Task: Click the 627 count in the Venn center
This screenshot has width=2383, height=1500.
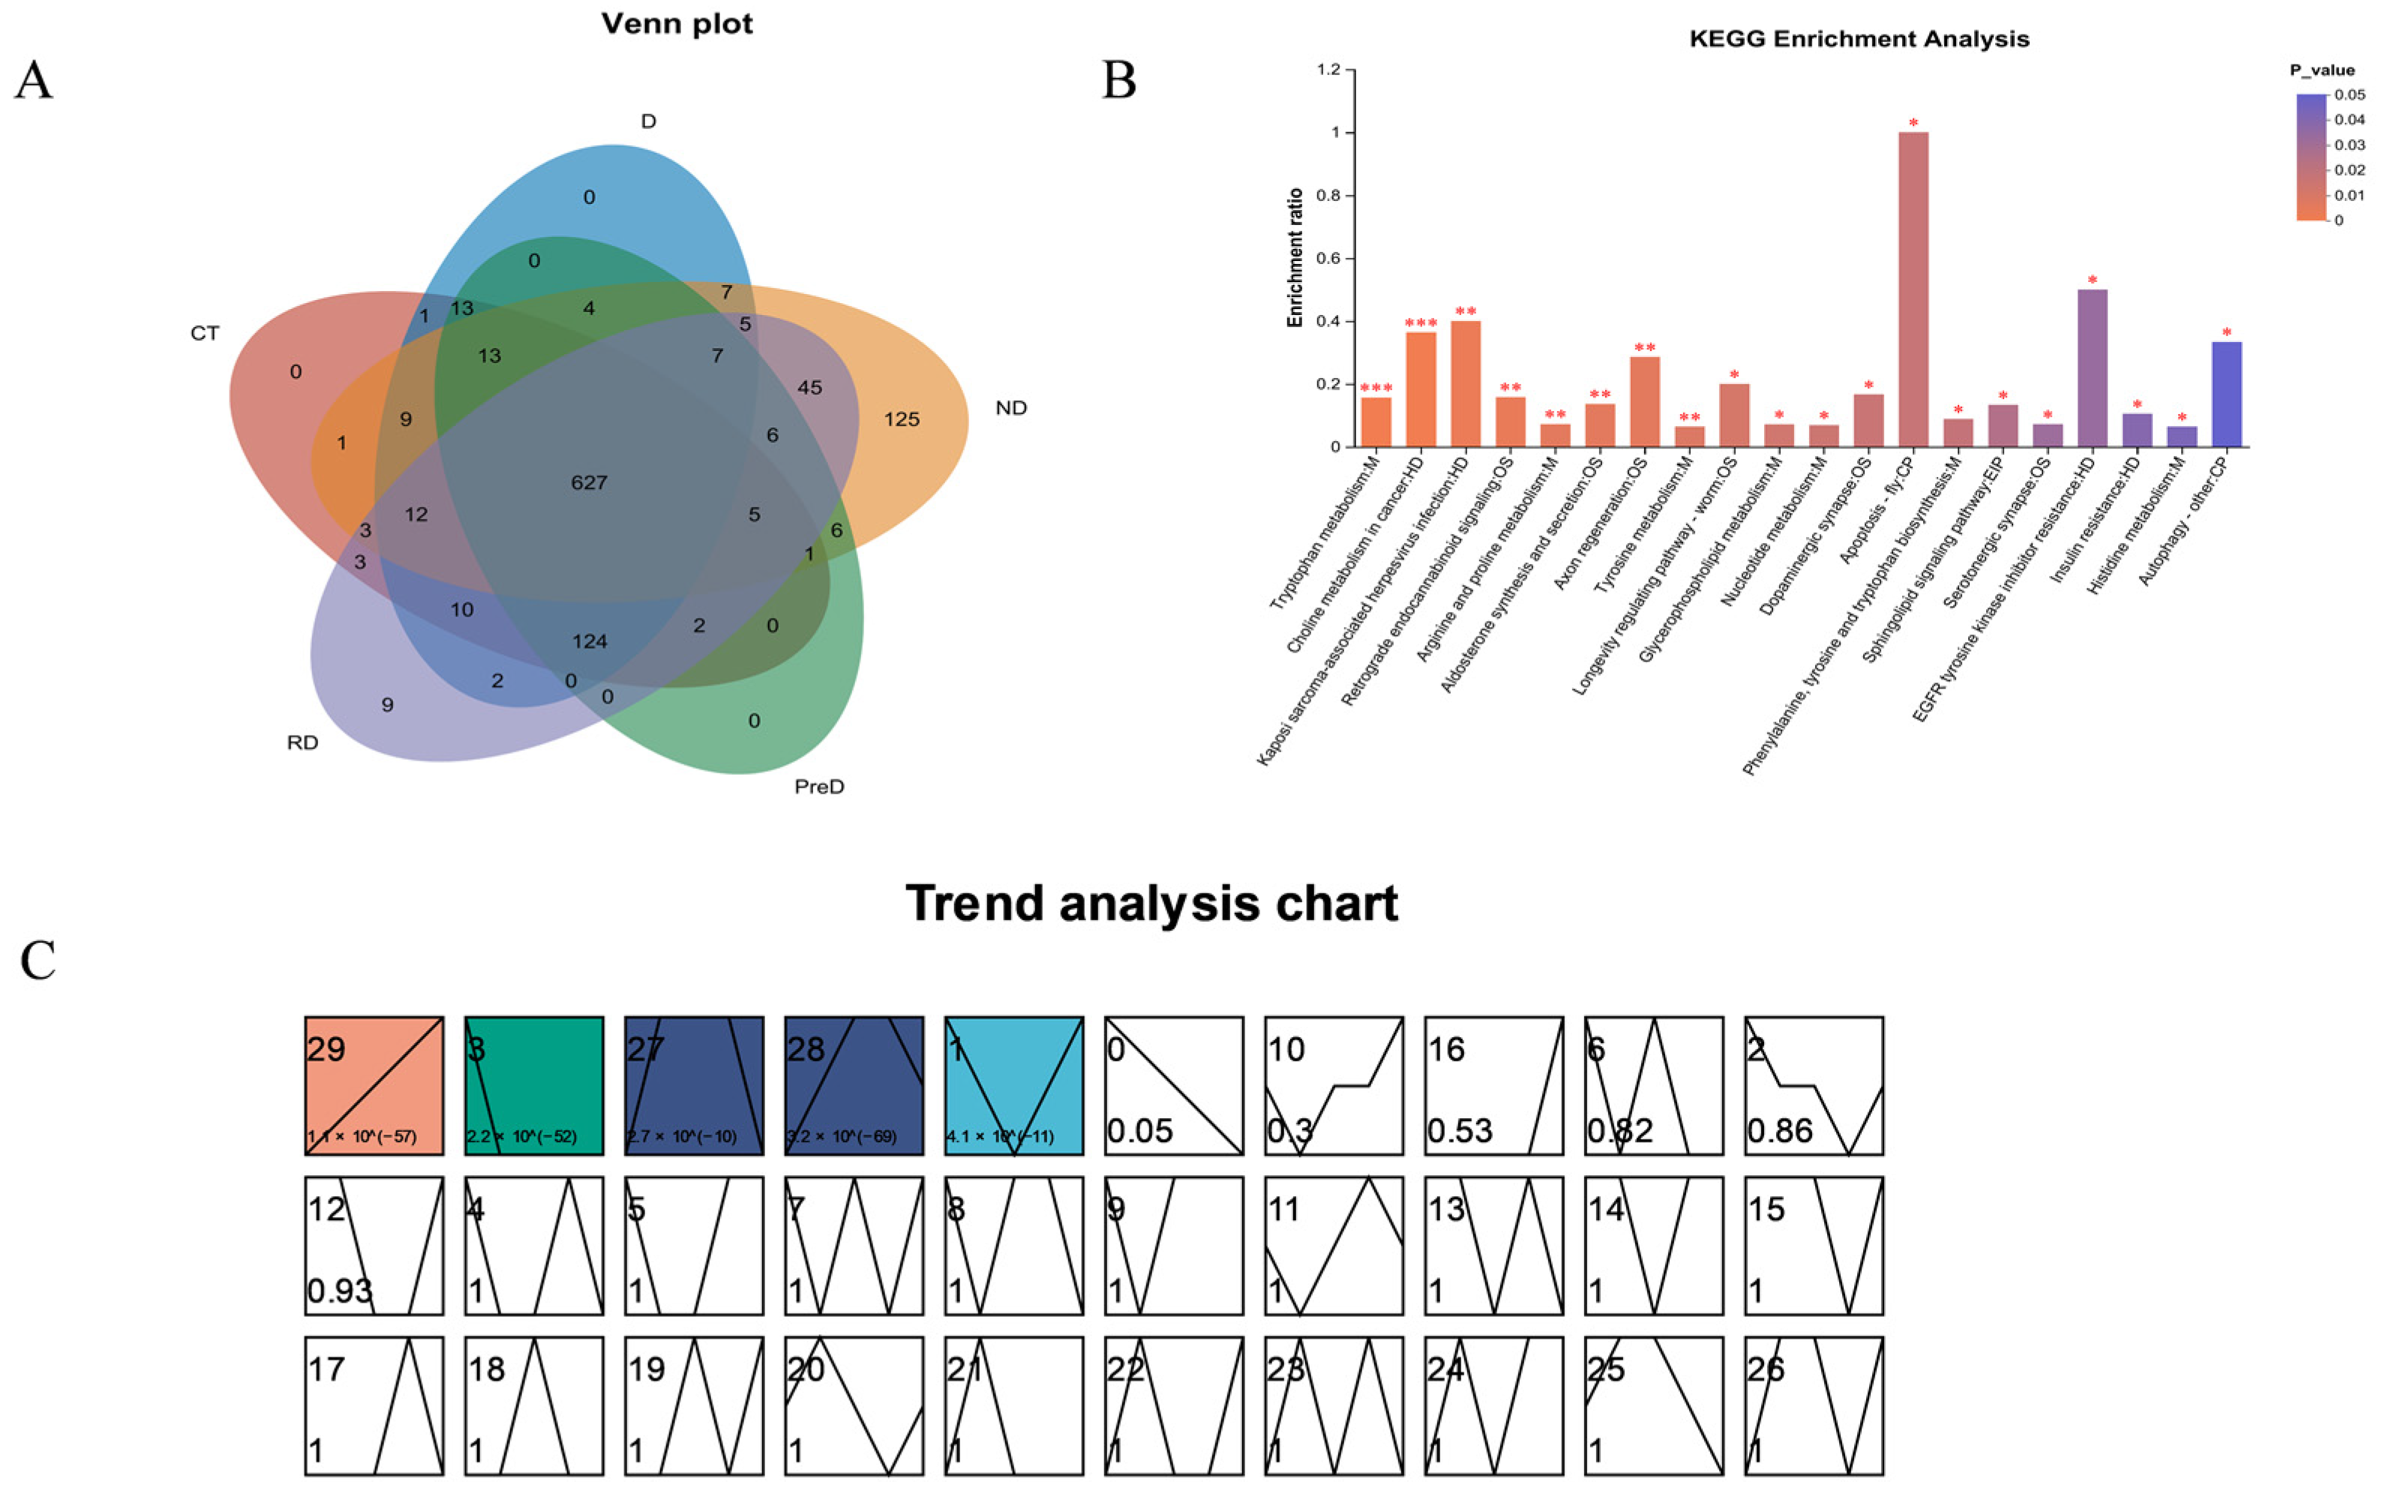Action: (589, 483)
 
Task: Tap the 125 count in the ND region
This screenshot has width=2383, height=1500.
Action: (902, 419)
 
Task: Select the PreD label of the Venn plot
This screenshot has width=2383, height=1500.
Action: (819, 787)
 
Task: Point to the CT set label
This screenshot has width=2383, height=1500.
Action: (205, 334)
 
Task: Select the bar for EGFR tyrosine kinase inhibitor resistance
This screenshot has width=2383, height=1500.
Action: (2092, 368)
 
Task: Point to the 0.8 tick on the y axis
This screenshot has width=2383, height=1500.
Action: (1328, 196)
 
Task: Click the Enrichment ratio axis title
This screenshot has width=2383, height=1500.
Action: (1295, 258)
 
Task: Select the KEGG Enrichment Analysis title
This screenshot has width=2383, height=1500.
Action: (1859, 40)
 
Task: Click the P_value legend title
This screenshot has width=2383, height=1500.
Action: (2321, 70)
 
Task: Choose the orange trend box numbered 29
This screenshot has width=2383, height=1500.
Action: (374, 1085)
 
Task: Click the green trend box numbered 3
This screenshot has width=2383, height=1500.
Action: (534, 1085)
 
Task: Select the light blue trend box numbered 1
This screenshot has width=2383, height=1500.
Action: (1014, 1085)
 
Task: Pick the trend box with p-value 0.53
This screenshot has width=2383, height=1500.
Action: (1494, 1085)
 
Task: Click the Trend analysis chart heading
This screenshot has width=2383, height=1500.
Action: (1152, 903)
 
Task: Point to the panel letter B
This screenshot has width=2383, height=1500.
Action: (1119, 81)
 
